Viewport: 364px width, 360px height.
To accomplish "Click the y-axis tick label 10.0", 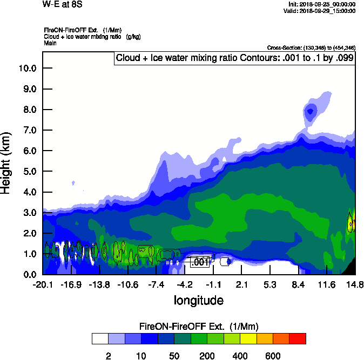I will click(x=27, y=69).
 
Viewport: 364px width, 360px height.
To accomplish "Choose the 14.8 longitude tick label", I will click(x=354, y=284).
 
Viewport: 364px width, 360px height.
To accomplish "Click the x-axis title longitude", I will click(x=198, y=300).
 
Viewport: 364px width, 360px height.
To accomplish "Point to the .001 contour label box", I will click(x=200, y=262).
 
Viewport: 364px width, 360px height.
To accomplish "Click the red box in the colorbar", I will click(x=298, y=338).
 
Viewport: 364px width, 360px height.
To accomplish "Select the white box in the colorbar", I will click(x=100, y=338).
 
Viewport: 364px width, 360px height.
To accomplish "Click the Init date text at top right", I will click(x=322, y=4).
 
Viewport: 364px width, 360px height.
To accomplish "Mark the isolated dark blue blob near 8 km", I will click(x=310, y=112).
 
